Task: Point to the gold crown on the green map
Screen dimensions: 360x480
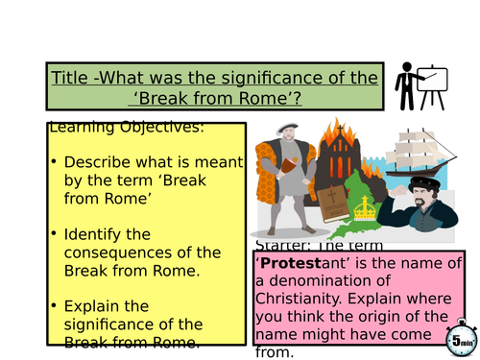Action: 364,209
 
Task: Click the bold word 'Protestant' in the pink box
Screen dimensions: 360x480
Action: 295,262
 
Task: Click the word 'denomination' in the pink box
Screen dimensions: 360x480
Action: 324,280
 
